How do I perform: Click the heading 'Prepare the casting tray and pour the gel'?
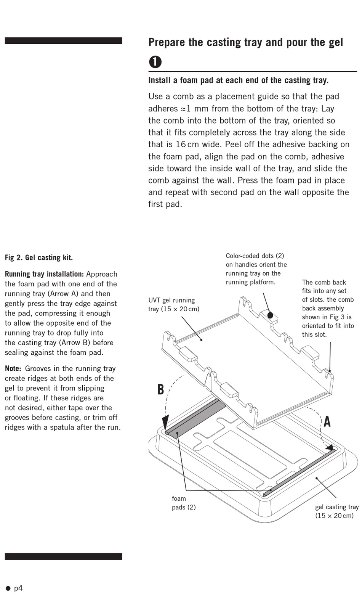point(245,42)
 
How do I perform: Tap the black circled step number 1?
point(155,62)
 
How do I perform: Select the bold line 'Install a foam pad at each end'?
point(238,80)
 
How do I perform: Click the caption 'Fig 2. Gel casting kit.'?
point(39,257)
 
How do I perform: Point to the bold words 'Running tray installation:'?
point(44,274)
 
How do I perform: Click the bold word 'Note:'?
point(13,368)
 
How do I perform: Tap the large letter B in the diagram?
point(161,389)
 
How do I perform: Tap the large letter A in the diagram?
point(327,422)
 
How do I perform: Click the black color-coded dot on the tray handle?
point(270,315)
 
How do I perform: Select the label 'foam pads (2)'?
point(184,503)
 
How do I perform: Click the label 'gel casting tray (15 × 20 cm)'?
point(336,511)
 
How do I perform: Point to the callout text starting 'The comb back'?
point(328,308)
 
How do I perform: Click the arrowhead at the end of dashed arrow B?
point(165,423)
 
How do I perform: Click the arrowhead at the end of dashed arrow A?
point(328,448)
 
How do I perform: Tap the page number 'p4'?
point(18,588)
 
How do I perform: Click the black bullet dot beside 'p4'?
point(8,588)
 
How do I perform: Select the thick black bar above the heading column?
point(63,41)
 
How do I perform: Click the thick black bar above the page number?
point(63,556)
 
